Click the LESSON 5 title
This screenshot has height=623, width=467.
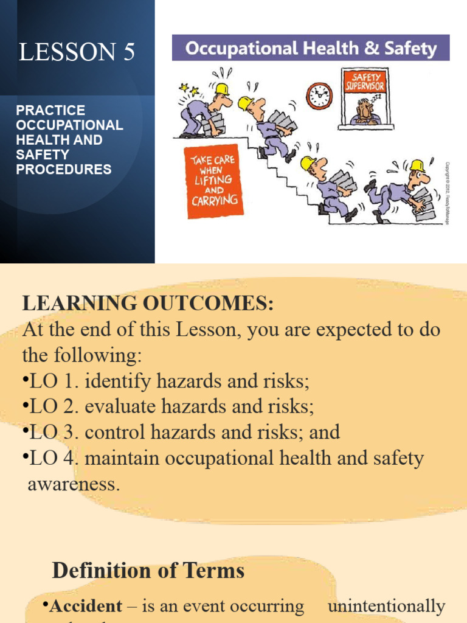pyautogui.click(x=77, y=53)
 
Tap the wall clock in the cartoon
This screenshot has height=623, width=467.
pyautogui.click(x=319, y=96)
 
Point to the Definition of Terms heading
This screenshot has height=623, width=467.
pyautogui.click(x=148, y=570)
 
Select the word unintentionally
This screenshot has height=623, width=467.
pyautogui.click(x=386, y=606)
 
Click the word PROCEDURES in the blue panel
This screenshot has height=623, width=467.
pyautogui.click(x=64, y=169)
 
